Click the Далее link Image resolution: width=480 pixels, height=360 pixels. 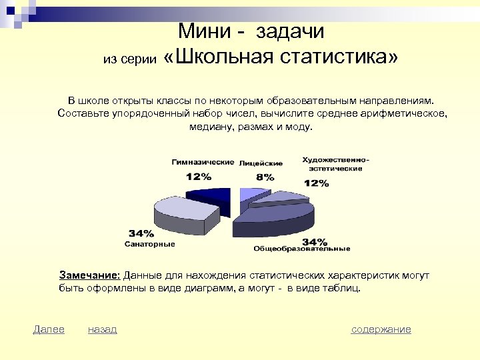click(49, 329)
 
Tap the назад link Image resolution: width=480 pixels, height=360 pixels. click(102, 329)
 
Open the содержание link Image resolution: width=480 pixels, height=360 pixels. click(381, 329)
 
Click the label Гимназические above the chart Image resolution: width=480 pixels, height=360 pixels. click(203, 162)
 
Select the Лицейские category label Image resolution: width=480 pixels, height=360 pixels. click(261, 163)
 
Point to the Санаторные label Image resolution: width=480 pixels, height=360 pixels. click(150, 244)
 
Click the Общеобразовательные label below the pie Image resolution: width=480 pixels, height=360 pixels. click(301, 249)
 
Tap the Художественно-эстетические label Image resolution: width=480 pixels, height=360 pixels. click(335, 164)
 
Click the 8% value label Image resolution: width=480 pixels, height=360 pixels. click(265, 177)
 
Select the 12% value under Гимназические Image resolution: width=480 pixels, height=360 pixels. click(198, 177)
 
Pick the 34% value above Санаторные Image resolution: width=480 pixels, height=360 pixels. click(141, 234)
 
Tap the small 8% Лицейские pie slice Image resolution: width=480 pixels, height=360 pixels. click(251, 194)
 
